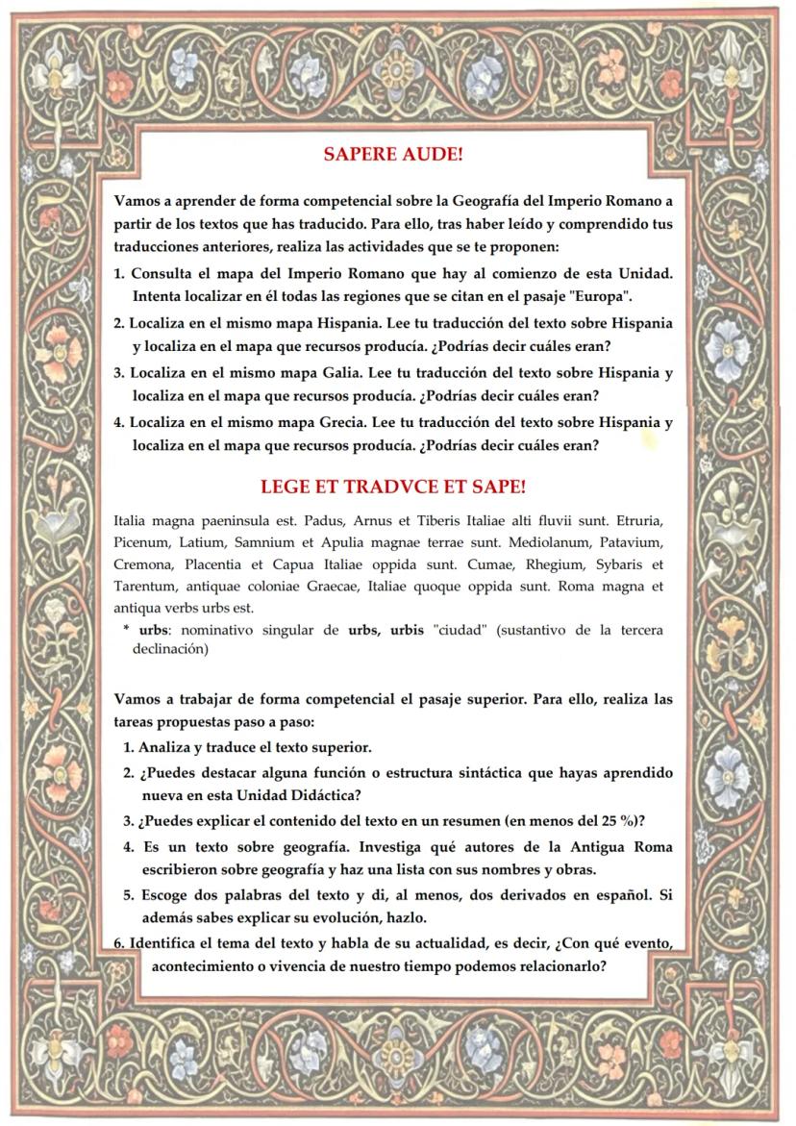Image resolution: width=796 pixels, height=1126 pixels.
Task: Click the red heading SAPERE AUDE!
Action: point(393,154)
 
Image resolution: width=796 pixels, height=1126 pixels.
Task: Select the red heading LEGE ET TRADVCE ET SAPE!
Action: point(393,487)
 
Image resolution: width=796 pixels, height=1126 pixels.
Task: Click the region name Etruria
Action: point(638,520)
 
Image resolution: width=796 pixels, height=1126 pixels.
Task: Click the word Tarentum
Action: point(144,587)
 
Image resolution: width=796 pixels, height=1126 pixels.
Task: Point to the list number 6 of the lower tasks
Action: point(118,942)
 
